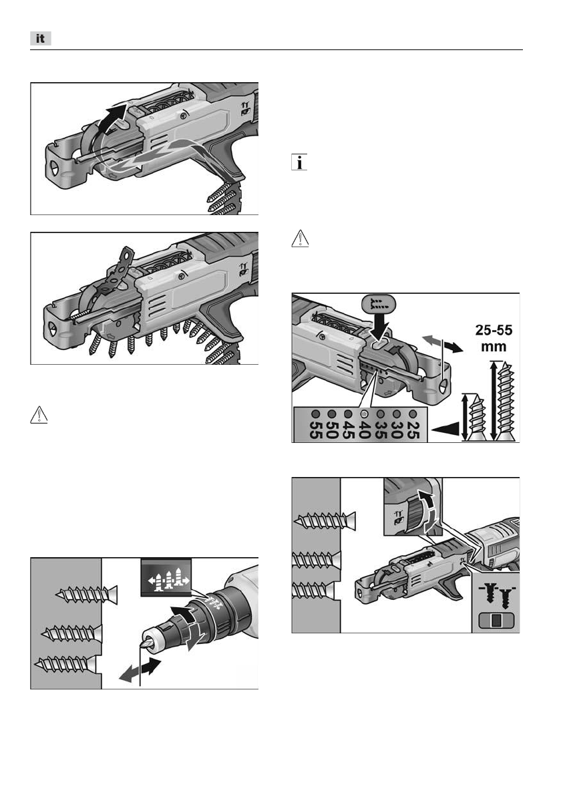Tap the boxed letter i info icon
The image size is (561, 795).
click(x=299, y=162)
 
